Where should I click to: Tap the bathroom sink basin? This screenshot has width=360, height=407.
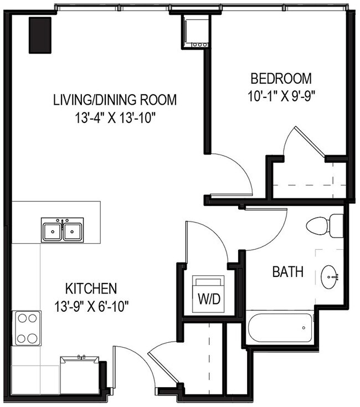pos(330,275)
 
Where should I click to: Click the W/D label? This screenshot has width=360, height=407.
pos(209,299)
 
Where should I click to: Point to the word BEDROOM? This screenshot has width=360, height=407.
pos(281,78)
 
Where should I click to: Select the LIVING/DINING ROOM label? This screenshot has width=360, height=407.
pos(115,100)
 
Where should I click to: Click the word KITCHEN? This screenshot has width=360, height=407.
pos(91,288)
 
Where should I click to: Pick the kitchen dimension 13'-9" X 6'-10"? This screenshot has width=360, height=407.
pos(91,305)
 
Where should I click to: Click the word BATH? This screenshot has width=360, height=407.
pos(287,272)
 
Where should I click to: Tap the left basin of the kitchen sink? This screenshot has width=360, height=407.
pos(52,230)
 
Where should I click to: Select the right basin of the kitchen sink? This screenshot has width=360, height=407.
pos(73,230)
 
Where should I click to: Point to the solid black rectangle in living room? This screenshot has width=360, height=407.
pos(40,34)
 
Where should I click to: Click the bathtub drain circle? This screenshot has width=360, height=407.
pos(304,328)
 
